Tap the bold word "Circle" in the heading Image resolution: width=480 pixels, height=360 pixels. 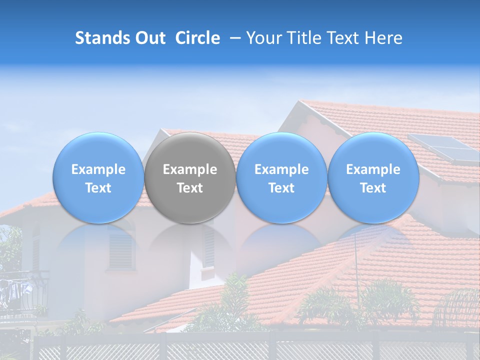pos(197,38)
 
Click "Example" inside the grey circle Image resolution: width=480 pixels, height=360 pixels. pos(190,169)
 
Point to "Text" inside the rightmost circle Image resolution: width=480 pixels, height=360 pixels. pos(373,188)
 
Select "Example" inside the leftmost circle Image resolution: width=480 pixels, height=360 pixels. pos(98,169)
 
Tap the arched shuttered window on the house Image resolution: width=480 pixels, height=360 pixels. pos(121,247)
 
